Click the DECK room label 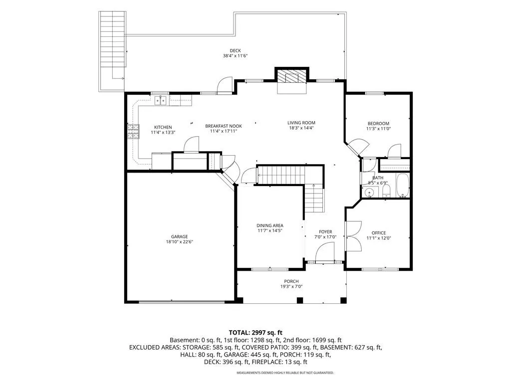[x=236, y=50]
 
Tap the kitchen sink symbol [x=160, y=101]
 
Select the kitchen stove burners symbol [x=133, y=132]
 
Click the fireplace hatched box [x=291, y=77]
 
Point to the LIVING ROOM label [x=301, y=123]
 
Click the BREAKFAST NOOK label [x=224, y=126]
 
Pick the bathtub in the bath [x=403, y=186]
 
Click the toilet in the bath [x=386, y=191]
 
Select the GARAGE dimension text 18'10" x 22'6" [x=180, y=242]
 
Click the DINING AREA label [x=270, y=225]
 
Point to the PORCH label [x=291, y=281]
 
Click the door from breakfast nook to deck [x=225, y=86]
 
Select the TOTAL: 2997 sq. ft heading [x=255, y=333]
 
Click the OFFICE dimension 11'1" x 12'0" [x=379, y=238]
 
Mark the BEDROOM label [x=378, y=124]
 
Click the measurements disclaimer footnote [x=285, y=373]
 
